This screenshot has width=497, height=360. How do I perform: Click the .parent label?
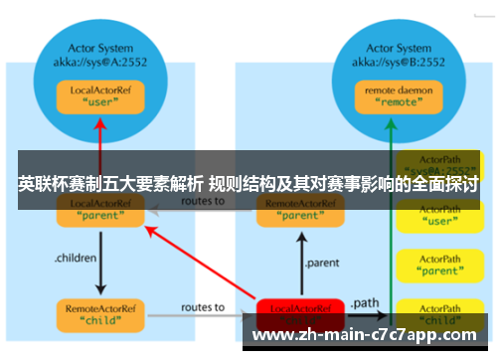click(327, 264)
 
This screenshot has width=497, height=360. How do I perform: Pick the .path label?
click(363, 301)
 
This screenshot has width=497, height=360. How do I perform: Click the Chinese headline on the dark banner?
click(248, 185)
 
